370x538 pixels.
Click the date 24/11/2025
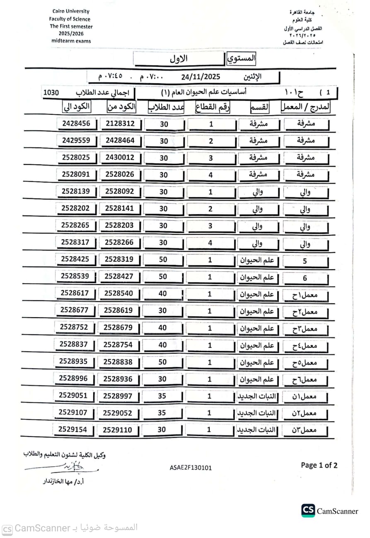201,77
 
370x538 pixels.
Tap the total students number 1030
51,92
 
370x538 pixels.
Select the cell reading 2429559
76,140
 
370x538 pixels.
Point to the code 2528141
119,209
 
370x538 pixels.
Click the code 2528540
118,293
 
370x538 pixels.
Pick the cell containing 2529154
73,429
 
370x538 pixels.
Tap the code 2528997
118,396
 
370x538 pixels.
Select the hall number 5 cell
305,261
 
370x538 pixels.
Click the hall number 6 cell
305,278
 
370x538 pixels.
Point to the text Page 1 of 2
319,466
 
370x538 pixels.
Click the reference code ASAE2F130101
191,468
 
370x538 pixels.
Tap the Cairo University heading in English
71,11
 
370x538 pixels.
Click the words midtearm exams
71,41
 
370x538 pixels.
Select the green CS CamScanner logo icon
308,510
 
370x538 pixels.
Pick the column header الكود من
121,106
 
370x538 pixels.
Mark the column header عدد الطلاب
166,107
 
